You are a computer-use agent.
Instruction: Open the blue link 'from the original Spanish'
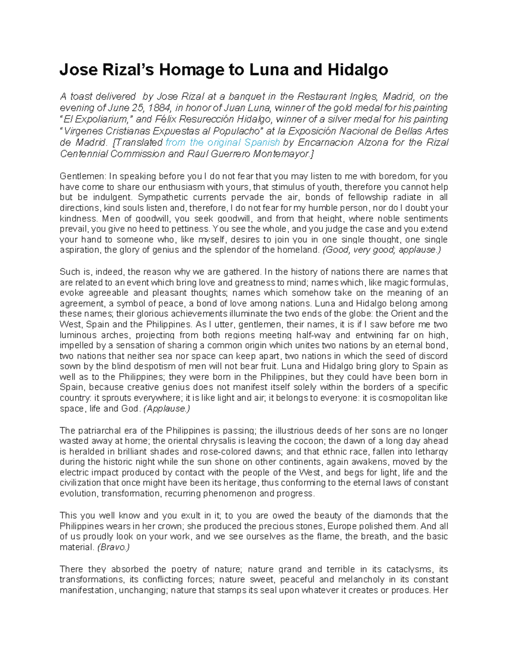click(x=223, y=142)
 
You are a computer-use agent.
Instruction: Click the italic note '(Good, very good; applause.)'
click(x=381, y=250)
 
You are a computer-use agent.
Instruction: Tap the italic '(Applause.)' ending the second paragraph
click(x=167, y=409)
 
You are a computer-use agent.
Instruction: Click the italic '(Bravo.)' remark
click(x=113, y=547)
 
